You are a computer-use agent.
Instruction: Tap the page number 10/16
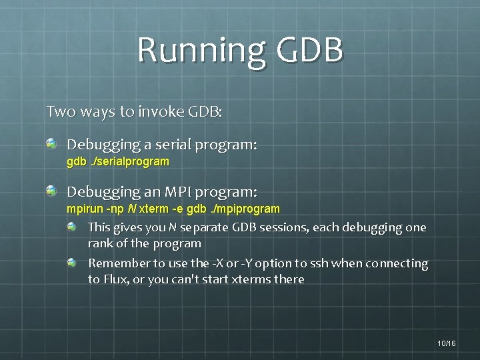click(447, 343)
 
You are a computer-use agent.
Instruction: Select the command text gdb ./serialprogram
click(118, 161)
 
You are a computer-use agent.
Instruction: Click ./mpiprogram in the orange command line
click(245, 209)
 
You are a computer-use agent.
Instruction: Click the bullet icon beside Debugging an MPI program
click(51, 191)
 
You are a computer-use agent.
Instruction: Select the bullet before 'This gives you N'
click(72, 227)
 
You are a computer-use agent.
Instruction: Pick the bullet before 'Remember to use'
click(72, 263)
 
